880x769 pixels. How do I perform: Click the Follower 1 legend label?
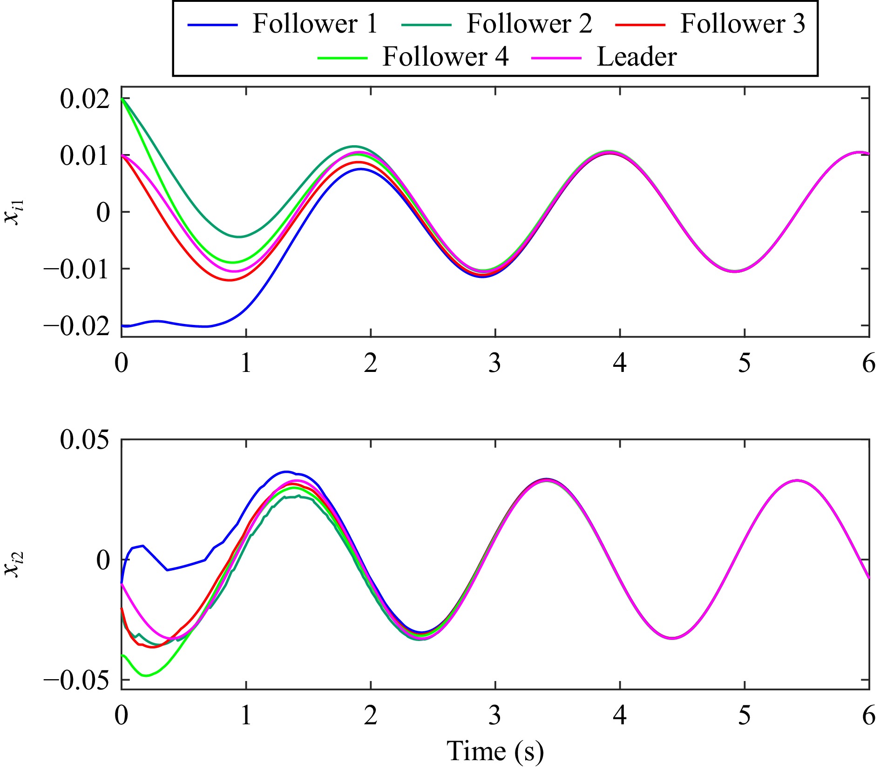pyautogui.click(x=315, y=24)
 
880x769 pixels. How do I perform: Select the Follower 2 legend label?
pyautogui.click(x=529, y=24)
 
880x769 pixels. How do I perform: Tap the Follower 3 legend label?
pyautogui.click(x=743, y=24)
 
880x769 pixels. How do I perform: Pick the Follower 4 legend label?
pyautogui.click(x=445, y=57)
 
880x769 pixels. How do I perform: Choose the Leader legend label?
pyautogui.click(x=636, y=57)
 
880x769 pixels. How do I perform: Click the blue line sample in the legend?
pyautogui.click(x=212, y=25)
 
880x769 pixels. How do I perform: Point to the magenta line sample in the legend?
pyautogui.click(x=556, y=58)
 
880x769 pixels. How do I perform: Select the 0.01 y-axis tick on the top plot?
pyautogui.click(x=85, y=155)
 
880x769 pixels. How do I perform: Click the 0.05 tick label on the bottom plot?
pyautogui.click(x=85, y=439)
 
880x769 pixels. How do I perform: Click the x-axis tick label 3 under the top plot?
pyautogui.click(x=495, y=363)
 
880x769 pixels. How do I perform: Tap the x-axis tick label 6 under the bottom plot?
pyautogui.click(x=869, y=715)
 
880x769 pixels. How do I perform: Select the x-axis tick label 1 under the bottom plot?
pyautogui.click(x=246, y=715)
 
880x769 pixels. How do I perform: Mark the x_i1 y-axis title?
pyautogui.click(x=14, y=212)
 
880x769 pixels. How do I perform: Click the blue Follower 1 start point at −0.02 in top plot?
pyautogui.click(x=122, y=326)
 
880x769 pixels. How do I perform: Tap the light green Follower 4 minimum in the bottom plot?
pyautogui.click(x=146, y=675)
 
